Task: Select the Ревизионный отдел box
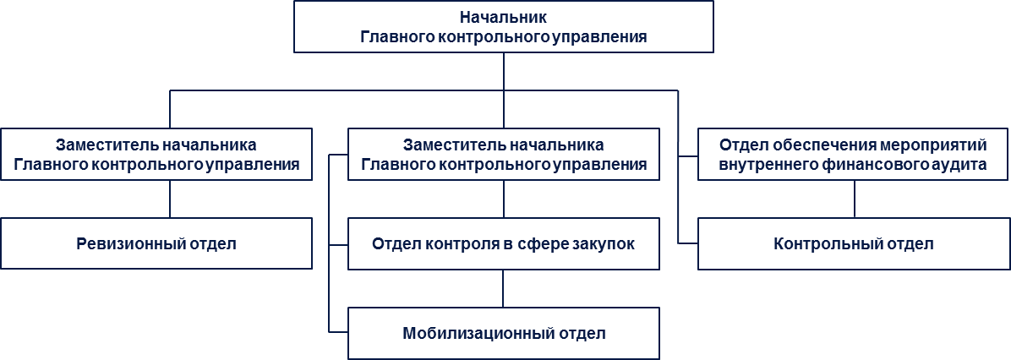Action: [156, 243]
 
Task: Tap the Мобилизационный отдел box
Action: [504, 334]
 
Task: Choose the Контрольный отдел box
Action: [854, 243]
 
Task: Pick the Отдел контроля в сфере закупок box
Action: [504, 243]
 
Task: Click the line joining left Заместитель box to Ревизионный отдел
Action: [170, 199]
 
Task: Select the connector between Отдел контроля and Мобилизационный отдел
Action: [504, 288]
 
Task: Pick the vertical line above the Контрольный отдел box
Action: [855, 199]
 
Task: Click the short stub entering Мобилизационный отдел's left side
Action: [338, 331]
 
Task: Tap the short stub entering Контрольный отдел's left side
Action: [688, 243]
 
